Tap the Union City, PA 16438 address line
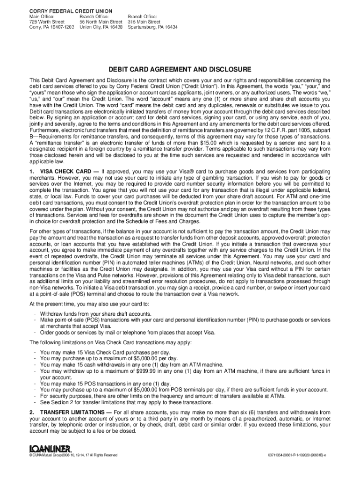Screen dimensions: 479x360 click(x=101, y=27)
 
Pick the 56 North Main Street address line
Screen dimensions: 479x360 click(x=101, y=22)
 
